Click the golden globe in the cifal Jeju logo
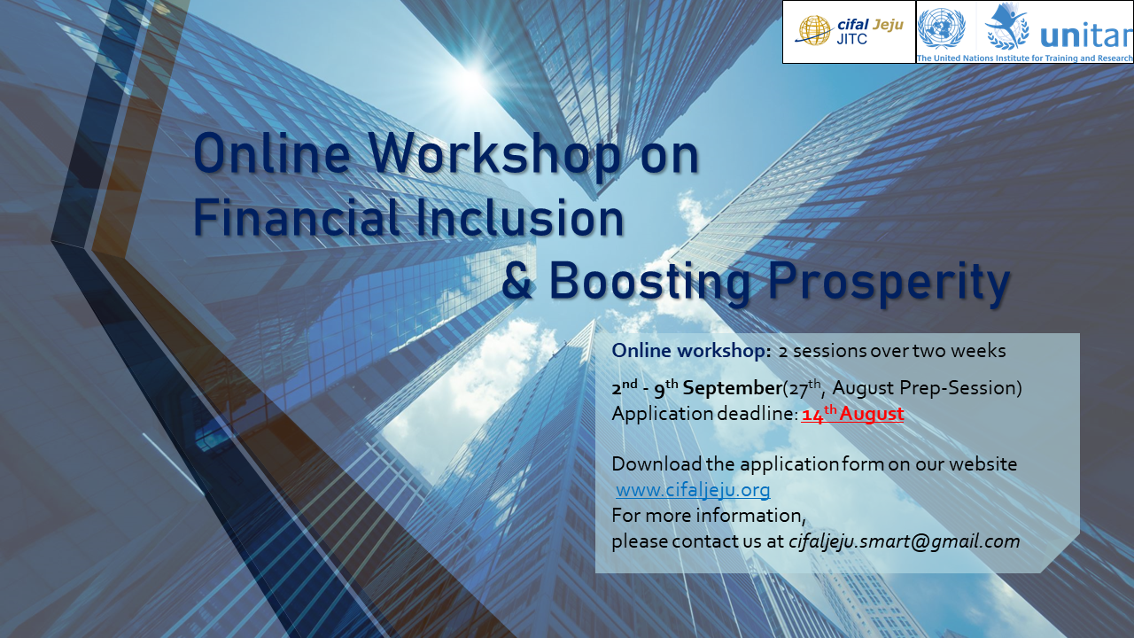[x=813, y=30]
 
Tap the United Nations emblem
[x=941, y=27]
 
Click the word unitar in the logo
[x=1086, y=35]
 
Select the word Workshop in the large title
[x=494, y=153]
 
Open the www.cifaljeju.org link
[x=693, y=490]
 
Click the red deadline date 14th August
[x=852, y=413]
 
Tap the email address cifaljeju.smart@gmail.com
[x=905, y=541]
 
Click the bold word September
[x=732, y=388]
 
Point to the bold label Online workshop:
[x=692, y=350]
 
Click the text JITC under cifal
[x=852, y=39]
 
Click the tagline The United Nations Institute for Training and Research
[x=1024, y=58]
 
